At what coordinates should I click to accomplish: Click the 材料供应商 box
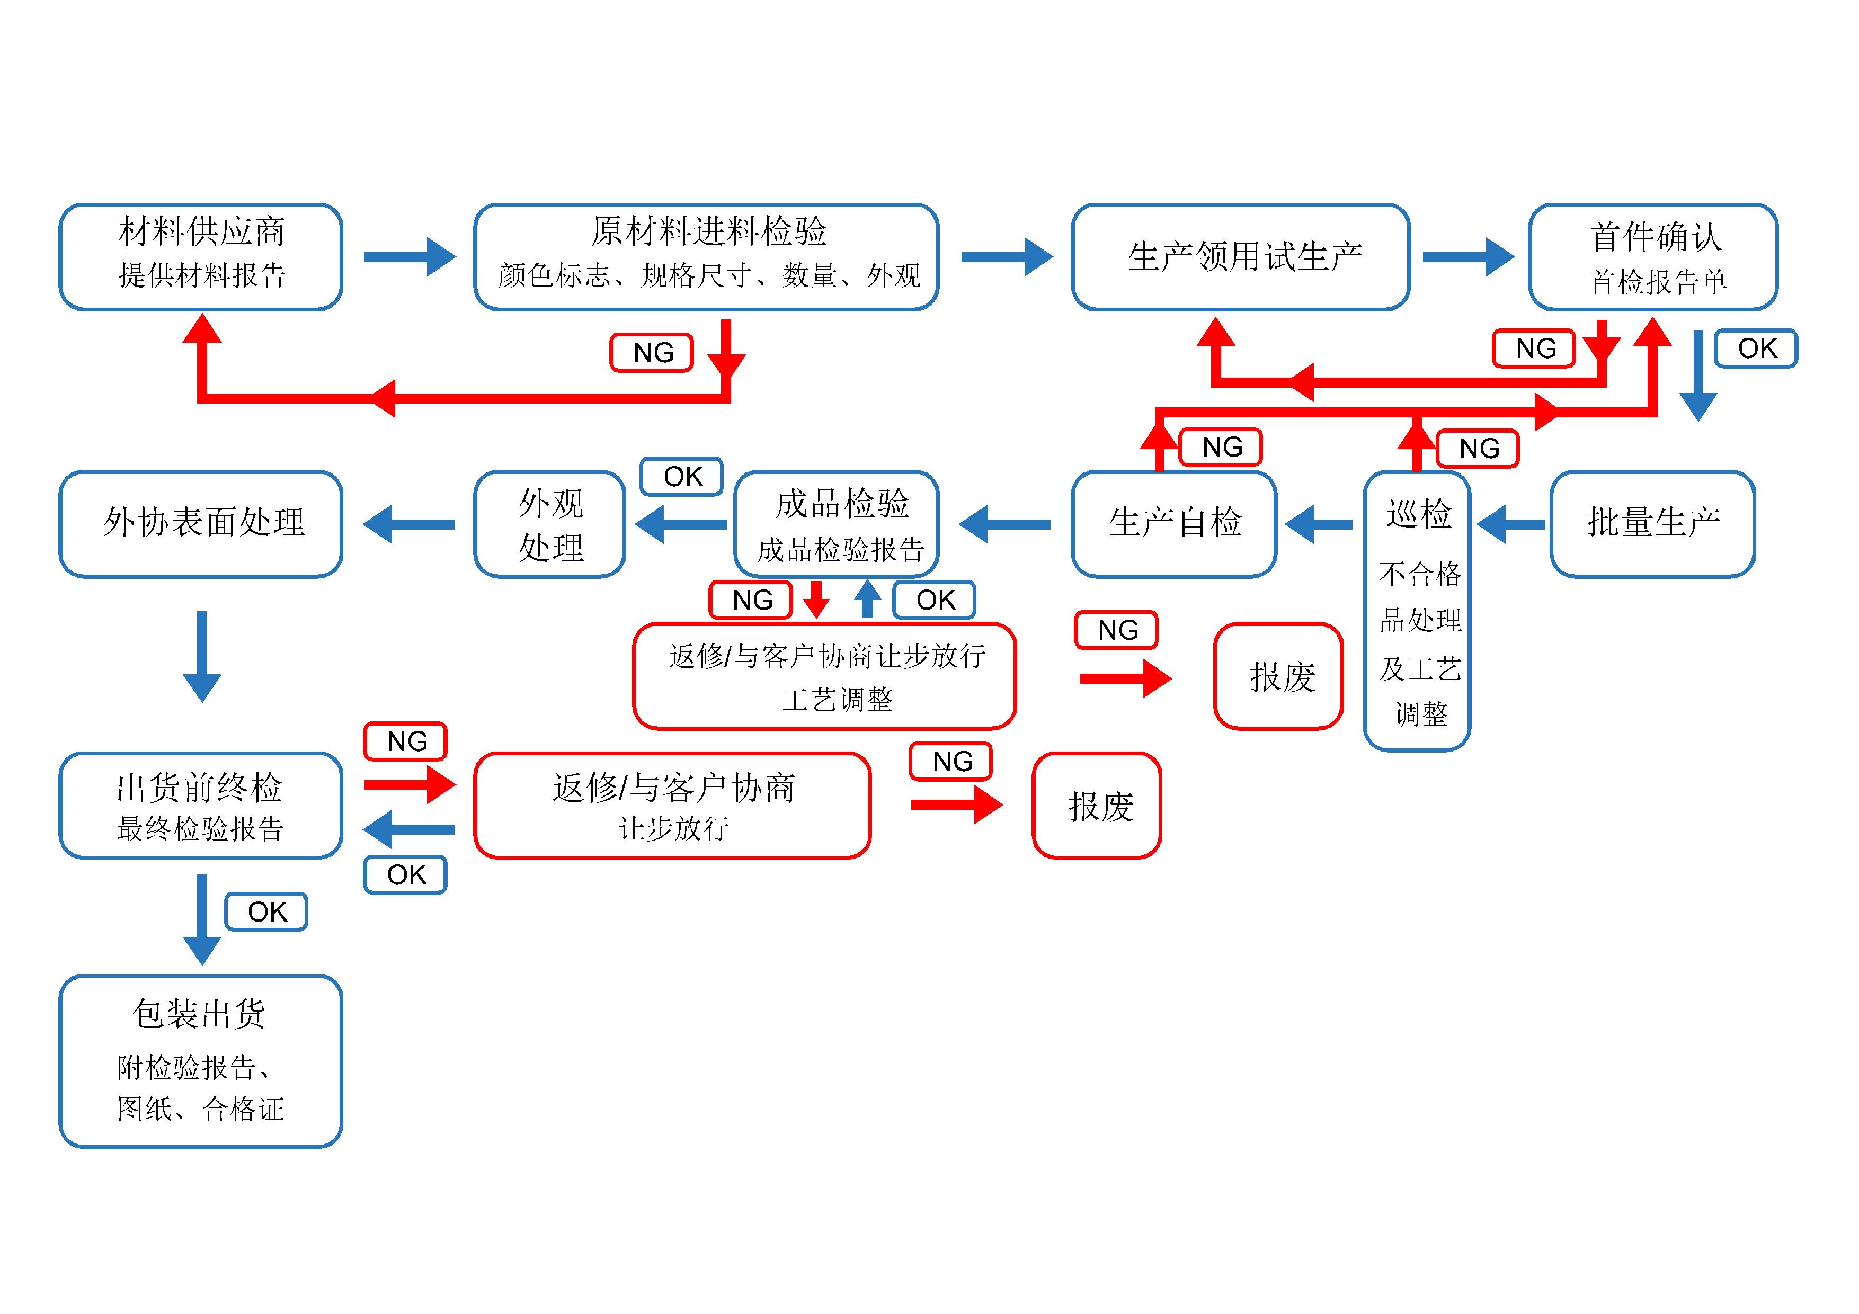(x=201, y=257)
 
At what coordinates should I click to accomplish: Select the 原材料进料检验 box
(x=706, y=257)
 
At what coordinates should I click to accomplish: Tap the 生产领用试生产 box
(x=1240, y=257)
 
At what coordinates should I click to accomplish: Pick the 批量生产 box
(x=1652, y=524)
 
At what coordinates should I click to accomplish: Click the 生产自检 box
(x=1173, y=524)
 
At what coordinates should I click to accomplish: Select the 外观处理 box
(x=550, y=524)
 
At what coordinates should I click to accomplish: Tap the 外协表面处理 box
(x=201, y=524)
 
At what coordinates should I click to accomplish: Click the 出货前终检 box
(x=201, y=806)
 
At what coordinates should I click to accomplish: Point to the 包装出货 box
(x=201, y=1061)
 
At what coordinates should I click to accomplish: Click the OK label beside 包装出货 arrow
(x=266, y=911)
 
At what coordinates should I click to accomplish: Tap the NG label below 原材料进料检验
(x=652, y=352)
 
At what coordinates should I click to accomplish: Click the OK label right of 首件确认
(x=1756, y=348)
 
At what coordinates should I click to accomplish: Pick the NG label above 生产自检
(x=1221, y=447)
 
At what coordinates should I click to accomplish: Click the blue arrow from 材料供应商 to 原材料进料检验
(x=410, y=257)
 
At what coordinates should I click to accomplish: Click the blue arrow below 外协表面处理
(x=202, y=656)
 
